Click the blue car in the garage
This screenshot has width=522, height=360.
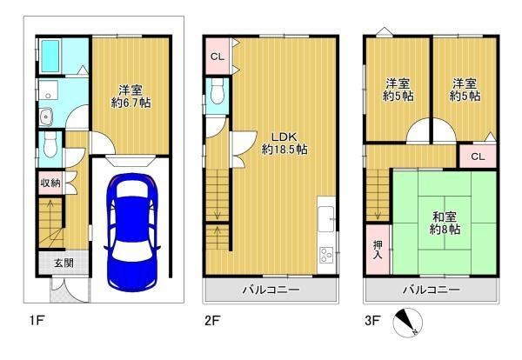132,232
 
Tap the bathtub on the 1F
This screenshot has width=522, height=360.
50,56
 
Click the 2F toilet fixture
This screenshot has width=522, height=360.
217,91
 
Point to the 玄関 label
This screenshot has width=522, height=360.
64,263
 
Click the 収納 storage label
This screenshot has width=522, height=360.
50,183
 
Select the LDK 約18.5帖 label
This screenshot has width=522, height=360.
284,143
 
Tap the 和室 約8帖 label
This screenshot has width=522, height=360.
445,223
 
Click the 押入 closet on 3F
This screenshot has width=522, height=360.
378,250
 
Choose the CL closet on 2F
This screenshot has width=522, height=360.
217,57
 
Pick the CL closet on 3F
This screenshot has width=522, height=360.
478,156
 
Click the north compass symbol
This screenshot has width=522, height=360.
408,323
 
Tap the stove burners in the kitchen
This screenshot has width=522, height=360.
326,256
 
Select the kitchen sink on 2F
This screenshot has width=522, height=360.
326,219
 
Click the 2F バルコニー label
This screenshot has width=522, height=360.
271,290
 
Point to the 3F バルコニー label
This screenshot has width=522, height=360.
432,290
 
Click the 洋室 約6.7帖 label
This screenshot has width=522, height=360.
130,97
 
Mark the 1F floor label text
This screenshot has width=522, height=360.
37,321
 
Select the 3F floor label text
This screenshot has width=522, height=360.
372,321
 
